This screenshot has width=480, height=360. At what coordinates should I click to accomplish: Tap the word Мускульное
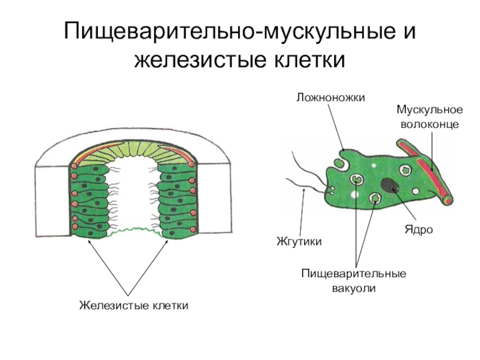coord(429,110)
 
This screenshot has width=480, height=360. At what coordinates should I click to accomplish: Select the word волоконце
coord(429,124)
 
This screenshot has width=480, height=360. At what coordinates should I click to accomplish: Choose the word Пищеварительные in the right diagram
coord(353,274)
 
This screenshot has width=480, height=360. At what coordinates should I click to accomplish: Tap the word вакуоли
coord(353,288)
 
